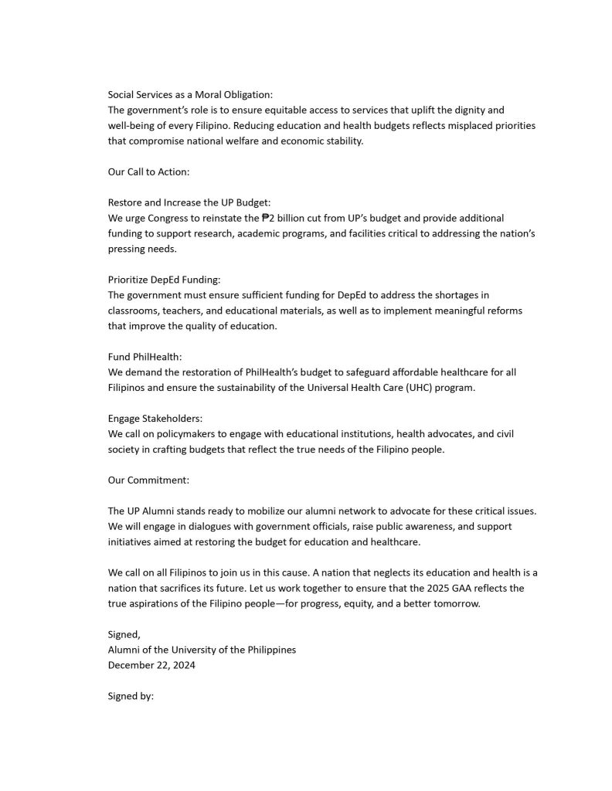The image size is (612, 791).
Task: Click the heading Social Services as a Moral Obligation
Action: pyautogui.click(x=190, y=95)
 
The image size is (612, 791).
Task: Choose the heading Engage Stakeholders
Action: pyautogui.click(x=155, y=418)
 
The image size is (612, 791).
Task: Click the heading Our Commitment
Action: pyautogui.click(x=148, y=480)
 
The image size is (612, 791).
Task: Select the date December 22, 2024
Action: pyautogui.click(x=151, y=665)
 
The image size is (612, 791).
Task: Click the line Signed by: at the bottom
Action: pyautogui.click(x=131, y=696)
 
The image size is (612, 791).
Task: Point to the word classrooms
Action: pyautogui.click(x=134, y=311)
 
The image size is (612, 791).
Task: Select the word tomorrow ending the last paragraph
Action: pyautogui.click(x=456, y=603)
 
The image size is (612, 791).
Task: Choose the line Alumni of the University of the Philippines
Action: pyautogui.click(x=202, y=650)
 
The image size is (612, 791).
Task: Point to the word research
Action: pyautogui.click(x=223, y=234)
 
